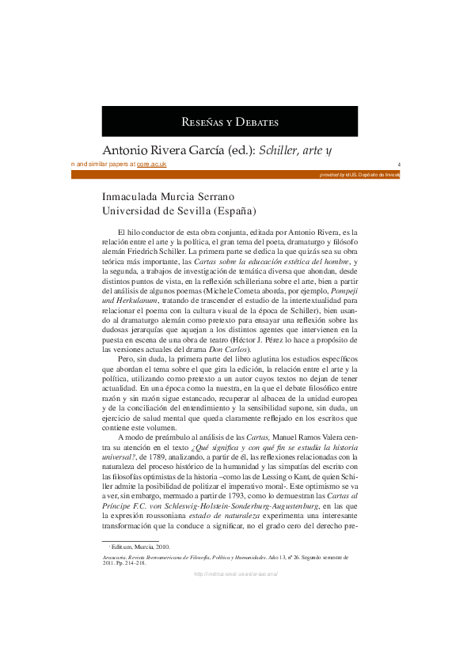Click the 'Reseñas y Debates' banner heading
230,122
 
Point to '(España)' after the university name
234,211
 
